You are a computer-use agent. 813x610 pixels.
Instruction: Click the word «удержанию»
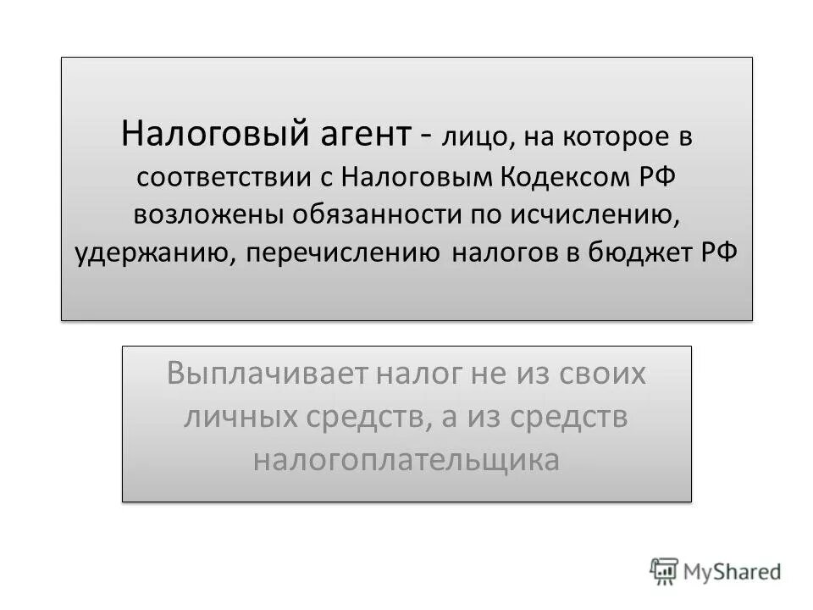click(153, 253)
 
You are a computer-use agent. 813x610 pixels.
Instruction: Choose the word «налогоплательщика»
click(406, 461)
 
